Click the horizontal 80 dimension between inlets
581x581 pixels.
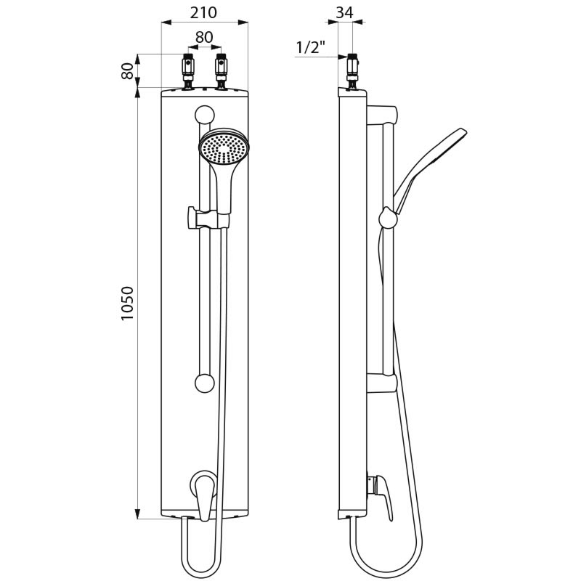tap(204, 36)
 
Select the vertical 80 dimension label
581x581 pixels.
tap(127, 71)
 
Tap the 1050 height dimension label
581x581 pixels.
tap(127, 304)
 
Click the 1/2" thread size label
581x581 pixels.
tap(310, 48)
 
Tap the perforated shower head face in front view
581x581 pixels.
tap(224, 149)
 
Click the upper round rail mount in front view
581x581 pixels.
tap(205, 114)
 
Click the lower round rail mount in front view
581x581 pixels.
tap(205, 383)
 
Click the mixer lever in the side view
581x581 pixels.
tap(383, 494)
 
